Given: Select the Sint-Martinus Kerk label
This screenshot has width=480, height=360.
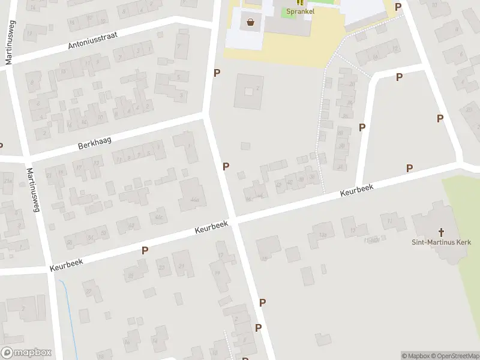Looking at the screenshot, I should pos(441,242).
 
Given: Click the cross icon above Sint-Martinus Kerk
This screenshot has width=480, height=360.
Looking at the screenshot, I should pos(441,232).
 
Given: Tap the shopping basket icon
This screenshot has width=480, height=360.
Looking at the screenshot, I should pos(250,23).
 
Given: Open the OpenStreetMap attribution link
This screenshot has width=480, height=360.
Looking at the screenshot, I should pos(454,356).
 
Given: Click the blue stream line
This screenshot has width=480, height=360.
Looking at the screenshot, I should pos(70,312).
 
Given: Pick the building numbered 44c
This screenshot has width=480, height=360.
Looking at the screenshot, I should pos(160,217).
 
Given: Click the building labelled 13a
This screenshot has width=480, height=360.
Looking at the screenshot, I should pos(322,235).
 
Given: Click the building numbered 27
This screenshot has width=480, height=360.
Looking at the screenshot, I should pos(89,292).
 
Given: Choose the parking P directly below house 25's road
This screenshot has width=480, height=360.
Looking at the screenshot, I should pos(145,250).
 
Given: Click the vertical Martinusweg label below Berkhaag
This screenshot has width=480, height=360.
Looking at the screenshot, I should pos(32,191).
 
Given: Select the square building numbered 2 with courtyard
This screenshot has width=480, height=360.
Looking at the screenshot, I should pos(248,92).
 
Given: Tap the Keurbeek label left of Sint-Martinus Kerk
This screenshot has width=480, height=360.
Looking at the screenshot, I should pos(356,191).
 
